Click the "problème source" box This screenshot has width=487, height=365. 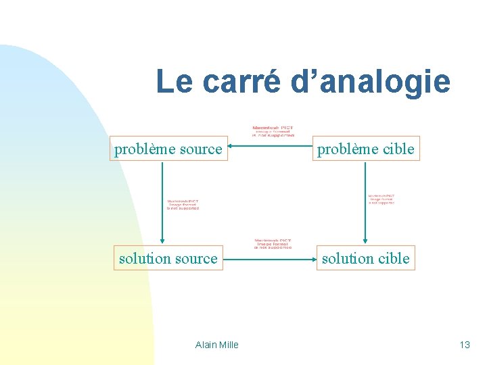tap(168, 149)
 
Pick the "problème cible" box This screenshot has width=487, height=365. tap(365, 149)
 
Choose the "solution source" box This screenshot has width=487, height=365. tap(168, 258)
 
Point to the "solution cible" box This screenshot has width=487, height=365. tap(365, 258)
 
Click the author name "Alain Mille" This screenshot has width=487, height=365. tap(216, 345)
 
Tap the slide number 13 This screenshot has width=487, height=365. tap(464, 345)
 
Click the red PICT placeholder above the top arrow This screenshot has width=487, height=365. tap(273, 131)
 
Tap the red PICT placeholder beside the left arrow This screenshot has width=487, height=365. tap(183, 204)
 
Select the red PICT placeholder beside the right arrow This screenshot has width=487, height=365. tap(381, 199)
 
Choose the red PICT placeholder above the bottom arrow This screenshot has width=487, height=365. tap(273, 244)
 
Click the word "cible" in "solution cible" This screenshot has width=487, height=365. tap(394, 258)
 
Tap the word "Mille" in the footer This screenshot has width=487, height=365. tap(228, 345)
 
